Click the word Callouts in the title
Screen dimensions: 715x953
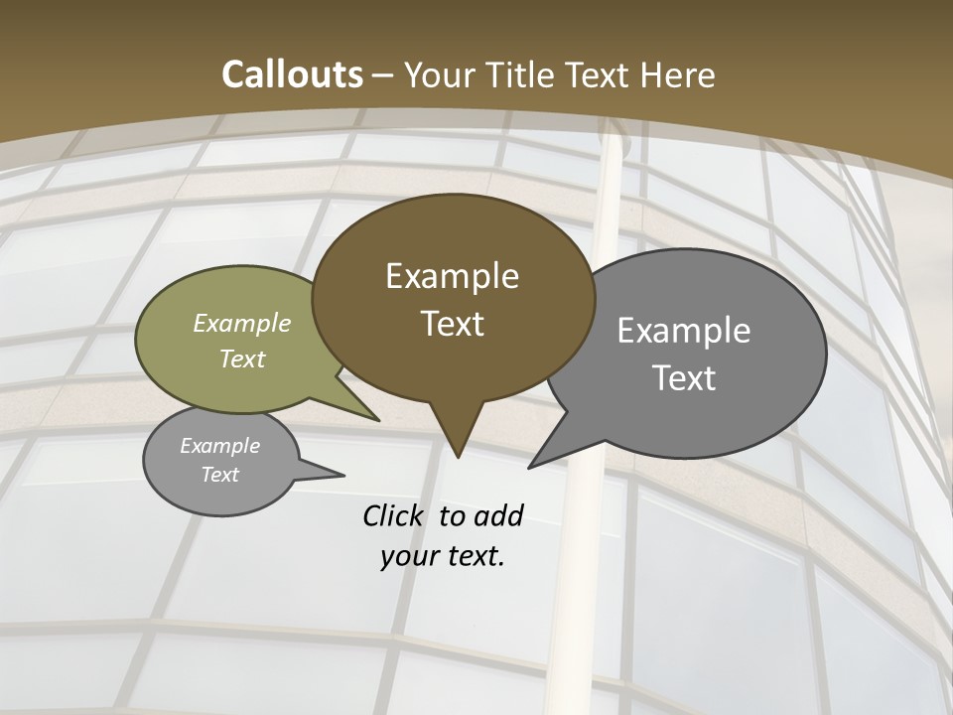[x=292, y=74]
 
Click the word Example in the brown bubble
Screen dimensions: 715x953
[x=452, y=276]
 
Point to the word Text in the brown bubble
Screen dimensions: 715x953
[x=452, y=324]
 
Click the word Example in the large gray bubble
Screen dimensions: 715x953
[x=684, y=331]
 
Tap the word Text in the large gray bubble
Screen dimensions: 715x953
[x=684, y=378]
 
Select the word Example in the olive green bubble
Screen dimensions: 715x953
[x=242, y=323]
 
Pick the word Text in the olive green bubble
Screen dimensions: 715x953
[x=242, y=358]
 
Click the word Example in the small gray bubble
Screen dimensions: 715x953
[x=219, y=446]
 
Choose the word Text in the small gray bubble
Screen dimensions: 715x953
[x=219, y=475]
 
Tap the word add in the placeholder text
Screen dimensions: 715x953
[x=498, y=515]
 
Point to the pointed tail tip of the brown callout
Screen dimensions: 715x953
[x=457, y=458]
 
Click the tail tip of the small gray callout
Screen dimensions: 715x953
[x=343, y=475]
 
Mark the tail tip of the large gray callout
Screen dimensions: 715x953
[x=528, y=468]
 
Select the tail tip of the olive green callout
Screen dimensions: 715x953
[x=379, y=420]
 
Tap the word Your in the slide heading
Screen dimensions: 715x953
[x=437, y=74]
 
